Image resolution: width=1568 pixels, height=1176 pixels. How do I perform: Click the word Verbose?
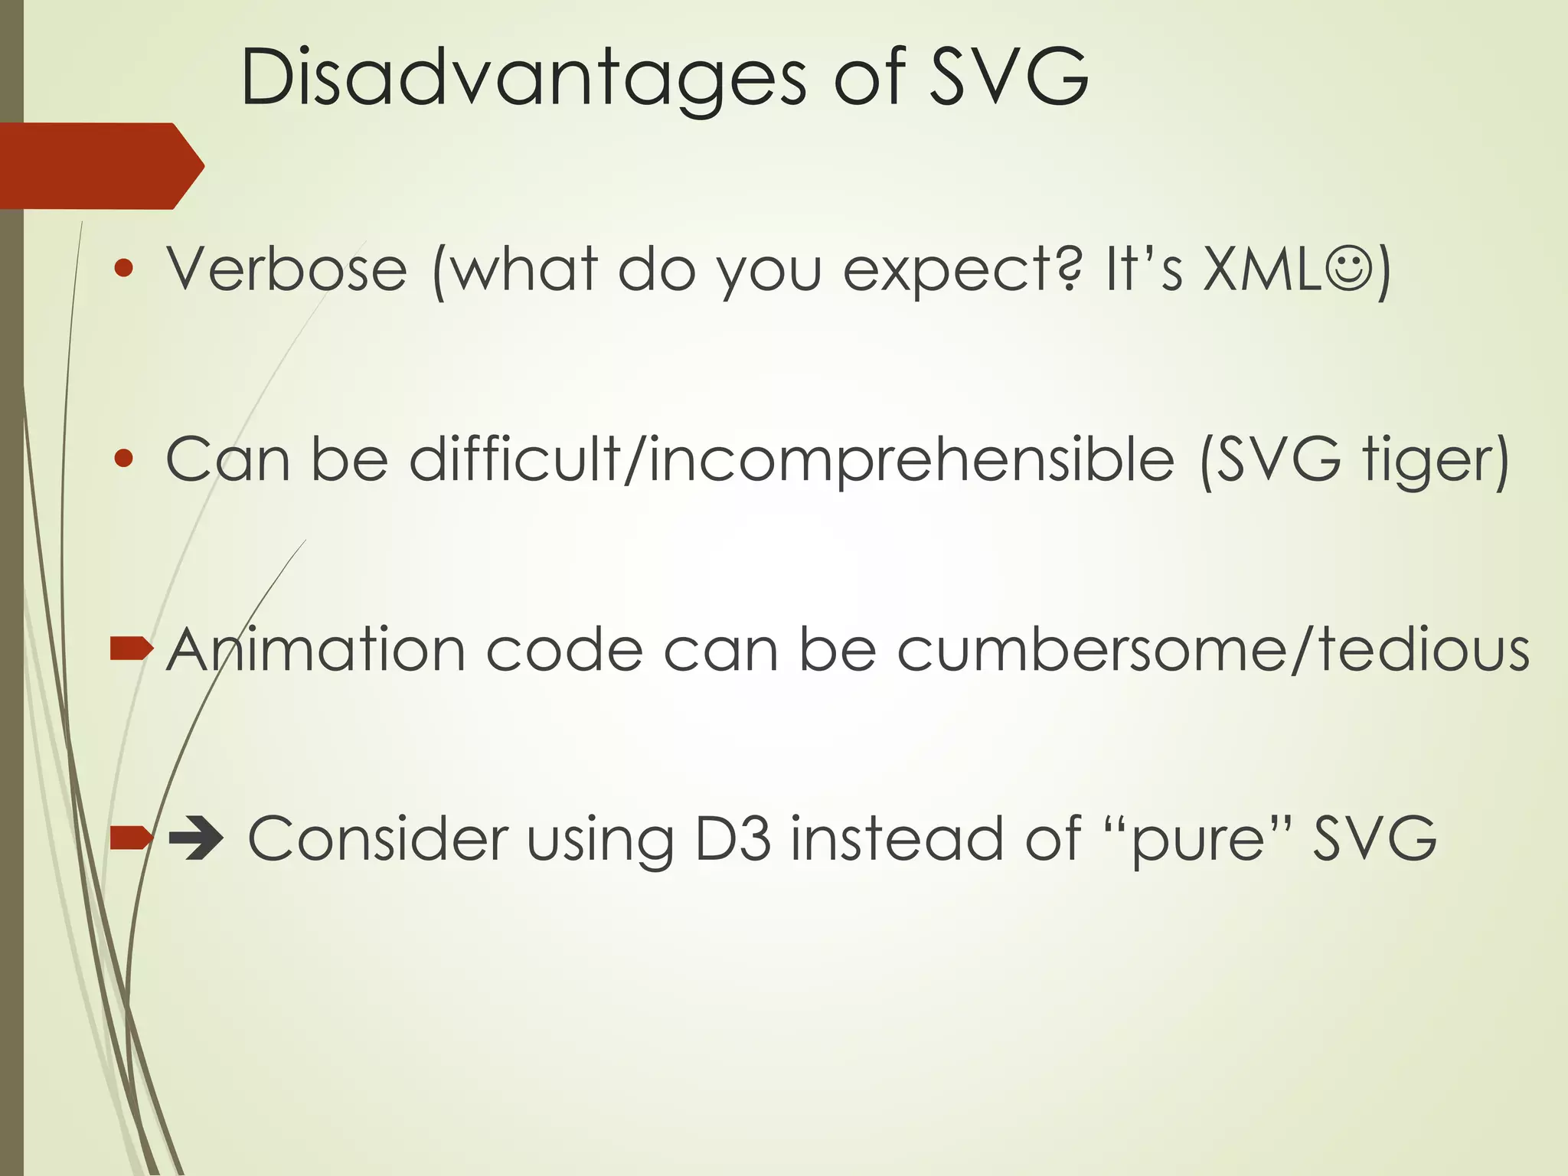(286, 269)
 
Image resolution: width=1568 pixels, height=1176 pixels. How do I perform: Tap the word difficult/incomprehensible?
(792, 461)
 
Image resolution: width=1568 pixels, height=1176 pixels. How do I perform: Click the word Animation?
(315, 650)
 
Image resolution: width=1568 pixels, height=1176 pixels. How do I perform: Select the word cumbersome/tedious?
(1213, 650)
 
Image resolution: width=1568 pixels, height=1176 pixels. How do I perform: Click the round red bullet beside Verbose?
(123, 269)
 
